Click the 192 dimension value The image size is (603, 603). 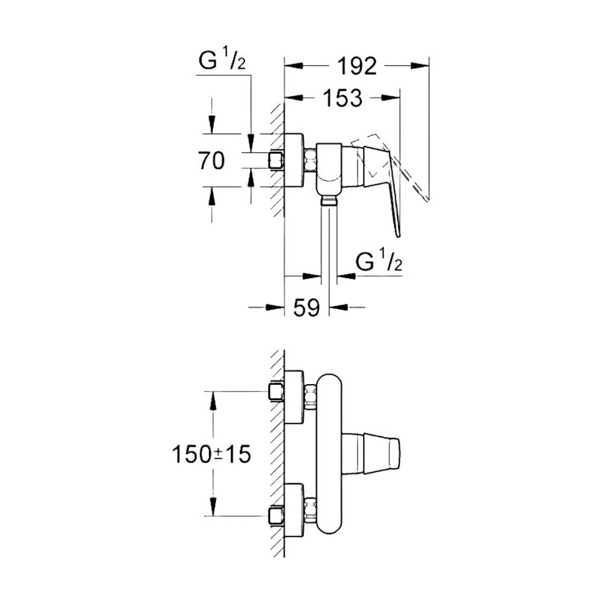(357, 66)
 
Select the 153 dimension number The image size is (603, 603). (343, 98)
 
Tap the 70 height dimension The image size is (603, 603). (212, 160)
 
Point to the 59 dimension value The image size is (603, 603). (306, 308)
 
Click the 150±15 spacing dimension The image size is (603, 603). (211, 454)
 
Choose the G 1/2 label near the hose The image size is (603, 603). (379, 261)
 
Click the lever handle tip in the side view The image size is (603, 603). (399, 235)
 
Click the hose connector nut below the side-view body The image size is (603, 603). (329, 200)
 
